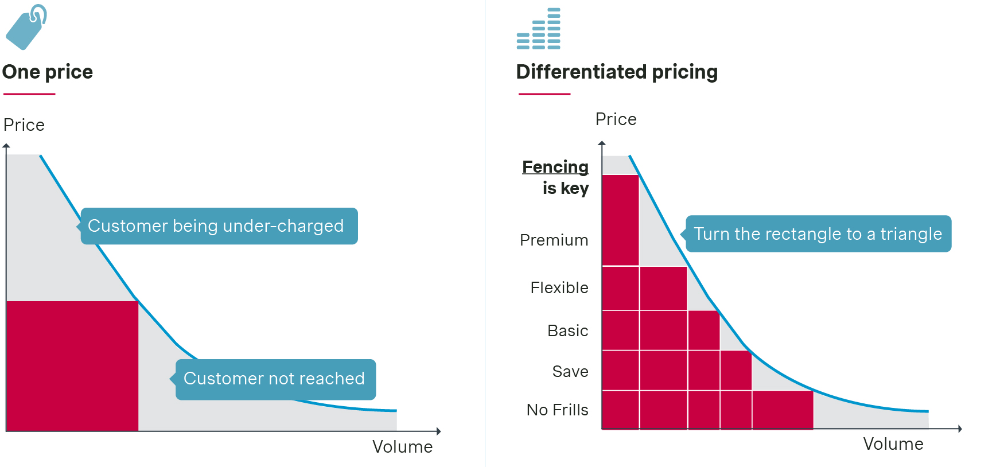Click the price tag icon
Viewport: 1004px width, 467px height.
coord(26,28)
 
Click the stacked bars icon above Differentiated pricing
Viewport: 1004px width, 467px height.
coord(539,29)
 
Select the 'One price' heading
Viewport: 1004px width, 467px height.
coord(48,72)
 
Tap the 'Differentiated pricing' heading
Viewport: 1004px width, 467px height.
coord(617,72)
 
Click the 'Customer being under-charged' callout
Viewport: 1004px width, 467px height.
coord(219,226)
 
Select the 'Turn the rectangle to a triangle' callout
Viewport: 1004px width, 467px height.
coord(818,234)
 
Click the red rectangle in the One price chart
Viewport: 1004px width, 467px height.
coord(72,365)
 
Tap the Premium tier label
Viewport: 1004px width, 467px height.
coord(554,240)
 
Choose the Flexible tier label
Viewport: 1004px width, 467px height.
coord(559,288)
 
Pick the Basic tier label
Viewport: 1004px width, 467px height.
coord(567,331)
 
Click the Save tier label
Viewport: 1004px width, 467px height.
coord(570,372)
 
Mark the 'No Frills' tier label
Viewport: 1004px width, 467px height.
coord(557,410)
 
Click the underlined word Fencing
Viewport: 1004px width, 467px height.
coord(555,167)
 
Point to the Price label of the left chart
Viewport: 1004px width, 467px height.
coord(24,125)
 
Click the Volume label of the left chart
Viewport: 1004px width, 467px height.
coord(402,447)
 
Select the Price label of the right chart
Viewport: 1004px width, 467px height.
coord(616,119)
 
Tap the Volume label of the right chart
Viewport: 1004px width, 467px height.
coord(893,444)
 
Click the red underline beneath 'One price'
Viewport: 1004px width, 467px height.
coord(29,94)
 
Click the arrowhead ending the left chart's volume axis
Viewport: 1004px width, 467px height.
coord(438,431)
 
